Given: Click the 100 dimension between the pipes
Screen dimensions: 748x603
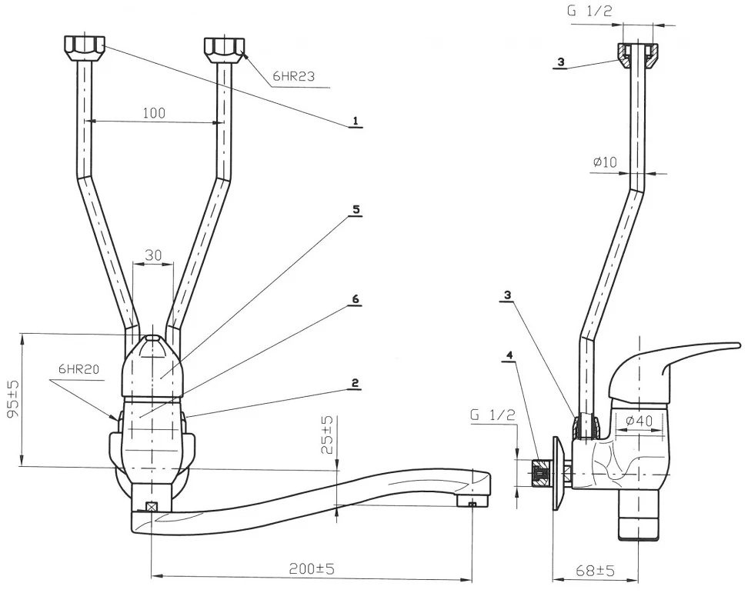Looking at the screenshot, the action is pyautogui.click(x=154, y=113).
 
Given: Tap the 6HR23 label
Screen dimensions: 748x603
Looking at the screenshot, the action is pyautogui.click(x=294, y=76).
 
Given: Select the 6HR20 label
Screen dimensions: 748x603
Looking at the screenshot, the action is pyautogui.click(x=78, y=368).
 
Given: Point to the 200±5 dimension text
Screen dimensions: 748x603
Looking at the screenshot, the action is pyautogui.click(x=312, y=568).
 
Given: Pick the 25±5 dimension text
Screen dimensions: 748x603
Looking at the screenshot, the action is pyautogui.click(x=327, y=435).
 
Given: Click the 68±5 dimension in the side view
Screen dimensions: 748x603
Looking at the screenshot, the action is pyautogui.click(x=594, y=570).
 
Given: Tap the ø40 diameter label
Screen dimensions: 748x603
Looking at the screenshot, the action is pyautogui.click(x=639, y=421).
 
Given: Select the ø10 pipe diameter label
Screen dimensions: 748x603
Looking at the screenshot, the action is pyautogui.click(x=606, y=162).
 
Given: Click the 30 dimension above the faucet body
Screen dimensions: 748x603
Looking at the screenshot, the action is pyautogui.click(x=153, y=255).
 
